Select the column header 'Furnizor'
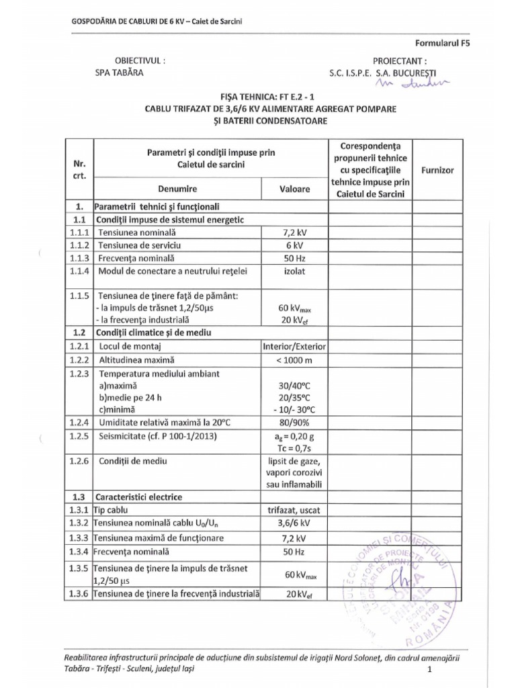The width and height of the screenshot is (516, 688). coord(437,171)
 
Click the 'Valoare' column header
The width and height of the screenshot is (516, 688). coord(294,189)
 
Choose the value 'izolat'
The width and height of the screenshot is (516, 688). coord(294,271)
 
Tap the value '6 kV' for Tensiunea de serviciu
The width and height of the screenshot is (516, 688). coord(294,245)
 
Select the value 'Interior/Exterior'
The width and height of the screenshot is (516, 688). coord(294,347)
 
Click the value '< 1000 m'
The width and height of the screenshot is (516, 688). coord(294,360)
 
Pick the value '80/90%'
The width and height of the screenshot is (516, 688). coord(294,421)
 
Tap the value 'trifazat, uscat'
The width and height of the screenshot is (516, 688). coord(294,510)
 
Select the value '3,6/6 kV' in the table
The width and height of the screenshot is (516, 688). coord(294,523)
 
